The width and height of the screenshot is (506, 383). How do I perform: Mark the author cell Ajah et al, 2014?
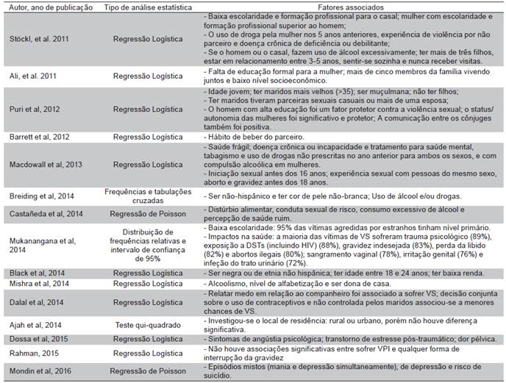click(32, 326)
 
